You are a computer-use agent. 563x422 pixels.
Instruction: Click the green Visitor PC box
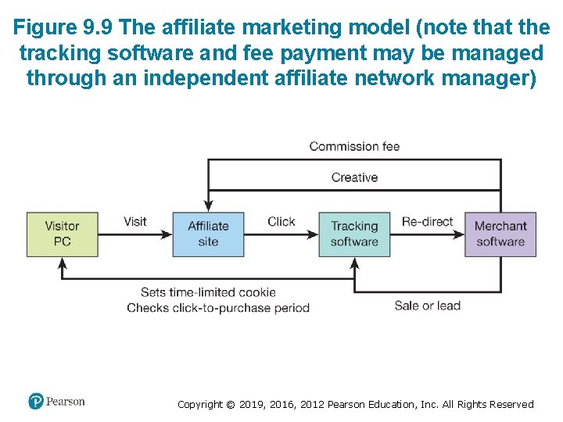[63, 234]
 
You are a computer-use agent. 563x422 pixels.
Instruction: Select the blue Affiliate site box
[208, 234]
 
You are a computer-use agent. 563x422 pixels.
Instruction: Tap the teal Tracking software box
[354, 234]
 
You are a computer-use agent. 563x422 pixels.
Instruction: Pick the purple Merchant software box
[500, 234]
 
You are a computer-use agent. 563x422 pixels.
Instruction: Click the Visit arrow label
[134, 221]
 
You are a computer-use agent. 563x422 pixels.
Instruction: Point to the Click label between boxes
[281, 221]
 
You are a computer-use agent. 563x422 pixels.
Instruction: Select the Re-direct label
[427, 221]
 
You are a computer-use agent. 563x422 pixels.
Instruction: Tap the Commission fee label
[354, 146]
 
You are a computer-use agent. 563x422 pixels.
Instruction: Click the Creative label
[354, 177]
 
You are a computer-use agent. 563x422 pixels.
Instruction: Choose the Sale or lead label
[427, 306]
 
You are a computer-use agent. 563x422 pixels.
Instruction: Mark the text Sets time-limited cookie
[208, 292]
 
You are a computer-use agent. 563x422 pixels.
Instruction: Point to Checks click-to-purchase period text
[218, 308]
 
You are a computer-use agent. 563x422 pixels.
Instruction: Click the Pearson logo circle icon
[36, 401]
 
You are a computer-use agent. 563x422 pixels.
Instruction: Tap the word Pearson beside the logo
[66, 402]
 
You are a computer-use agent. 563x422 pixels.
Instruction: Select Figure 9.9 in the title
[65, 28]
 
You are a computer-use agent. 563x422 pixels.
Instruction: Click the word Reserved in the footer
[511, 405]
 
